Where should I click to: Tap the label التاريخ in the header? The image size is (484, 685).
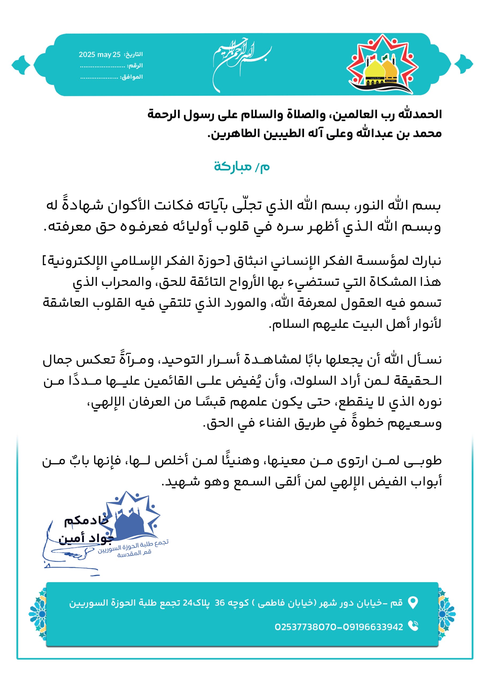134,54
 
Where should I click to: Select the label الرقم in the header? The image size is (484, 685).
135,66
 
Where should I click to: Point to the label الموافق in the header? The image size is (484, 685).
131,77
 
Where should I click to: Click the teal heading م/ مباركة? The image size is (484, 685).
242,166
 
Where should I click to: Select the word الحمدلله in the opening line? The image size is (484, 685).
420,114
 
